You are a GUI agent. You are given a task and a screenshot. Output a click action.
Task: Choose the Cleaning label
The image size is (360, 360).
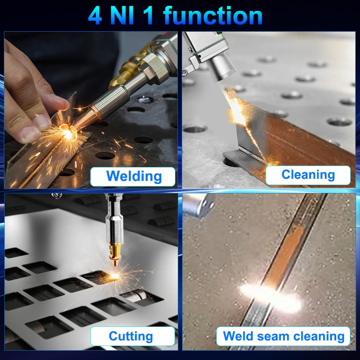click(x=308, y=175)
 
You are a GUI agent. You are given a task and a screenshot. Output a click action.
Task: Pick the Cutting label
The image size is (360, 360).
click(x=131, y=337)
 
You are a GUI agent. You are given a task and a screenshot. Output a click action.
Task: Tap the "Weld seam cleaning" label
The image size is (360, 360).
click(x=283, y=336)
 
